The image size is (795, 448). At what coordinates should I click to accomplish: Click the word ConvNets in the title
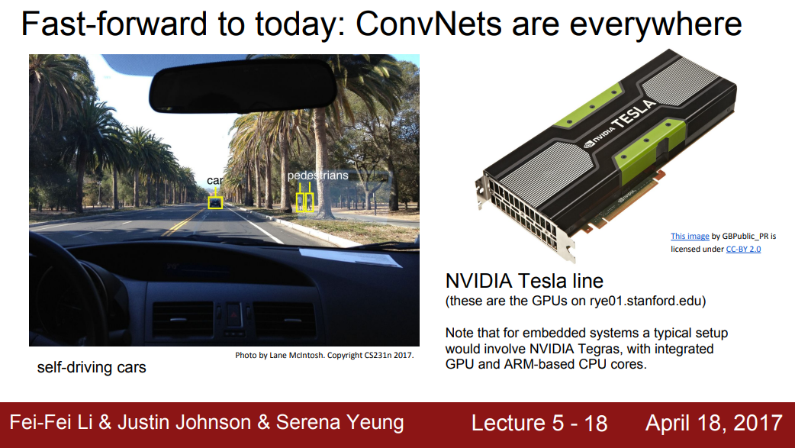click(x=429, y=24)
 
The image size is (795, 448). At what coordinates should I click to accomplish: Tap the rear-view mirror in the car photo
click(x=243, y=85)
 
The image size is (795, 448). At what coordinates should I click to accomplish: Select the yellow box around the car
click(x=215, y=202)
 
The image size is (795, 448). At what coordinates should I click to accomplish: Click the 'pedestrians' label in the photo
click(x=318, y=176)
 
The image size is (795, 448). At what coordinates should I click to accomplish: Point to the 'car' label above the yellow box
click(x=214, y=181)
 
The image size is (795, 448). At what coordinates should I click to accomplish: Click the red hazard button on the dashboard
click(x=233, y=314)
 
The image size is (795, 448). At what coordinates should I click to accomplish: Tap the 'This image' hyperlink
click(x=690, y=236)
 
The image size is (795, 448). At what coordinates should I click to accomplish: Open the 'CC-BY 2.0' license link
click(x=743, y=249)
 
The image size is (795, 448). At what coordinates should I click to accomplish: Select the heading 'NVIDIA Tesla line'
click(x=524, y=281)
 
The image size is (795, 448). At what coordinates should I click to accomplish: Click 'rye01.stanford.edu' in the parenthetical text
click(x=645, y=301)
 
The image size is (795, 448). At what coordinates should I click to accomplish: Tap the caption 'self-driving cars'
click(x=92, y=367)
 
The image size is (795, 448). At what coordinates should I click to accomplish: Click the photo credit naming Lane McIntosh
click(x=324, y=355)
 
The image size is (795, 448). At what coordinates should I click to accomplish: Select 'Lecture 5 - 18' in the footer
click(x=539, y=423)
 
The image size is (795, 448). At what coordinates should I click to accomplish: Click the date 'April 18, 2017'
click(x=714, y=423)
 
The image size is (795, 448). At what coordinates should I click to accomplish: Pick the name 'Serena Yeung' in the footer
click(x=340, y=422)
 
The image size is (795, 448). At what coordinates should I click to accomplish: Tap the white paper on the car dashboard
click(x=350, y=257)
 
